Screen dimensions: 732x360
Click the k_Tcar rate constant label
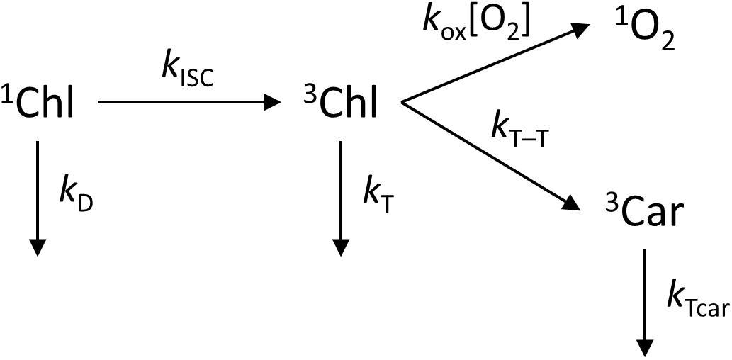[698, 297]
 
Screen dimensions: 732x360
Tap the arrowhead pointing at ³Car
[574, 203]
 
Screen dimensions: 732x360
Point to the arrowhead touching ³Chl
[274, 103]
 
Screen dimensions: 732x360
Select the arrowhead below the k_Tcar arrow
[645, 347]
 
